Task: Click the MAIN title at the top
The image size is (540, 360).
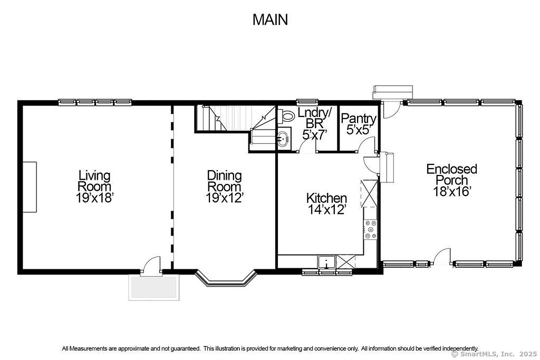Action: tap(270, 20)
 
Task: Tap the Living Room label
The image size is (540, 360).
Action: tap(94, 181)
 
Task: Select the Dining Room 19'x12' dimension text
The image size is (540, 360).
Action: tap(225, 198)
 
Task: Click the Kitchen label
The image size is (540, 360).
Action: tap(326, 198)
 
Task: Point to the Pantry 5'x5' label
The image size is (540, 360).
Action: tap(358, 124)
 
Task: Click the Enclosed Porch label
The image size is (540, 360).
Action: tap(451, 174)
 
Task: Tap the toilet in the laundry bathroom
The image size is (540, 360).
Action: tap(286, 116)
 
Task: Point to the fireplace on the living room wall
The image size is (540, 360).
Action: tap(30, 187)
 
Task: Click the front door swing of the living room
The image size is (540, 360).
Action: tap(151, 265)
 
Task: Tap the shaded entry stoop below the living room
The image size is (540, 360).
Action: tap(155, 287)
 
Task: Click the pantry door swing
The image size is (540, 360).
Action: tap(367, 144)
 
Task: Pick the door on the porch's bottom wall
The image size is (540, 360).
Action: tap(442, 257)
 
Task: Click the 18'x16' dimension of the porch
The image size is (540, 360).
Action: tap(452, 191)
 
